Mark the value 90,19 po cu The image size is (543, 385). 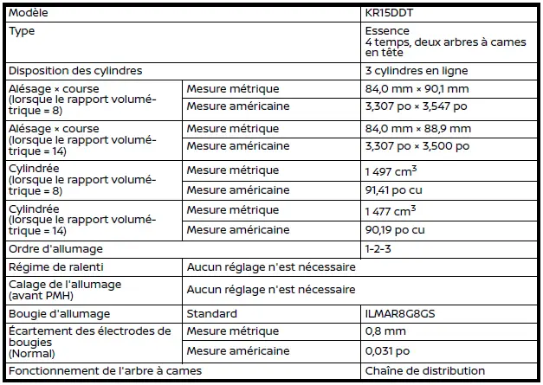pos(395,229)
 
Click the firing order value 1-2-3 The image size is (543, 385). pos(378,249)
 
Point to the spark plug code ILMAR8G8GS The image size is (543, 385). pos(399,313)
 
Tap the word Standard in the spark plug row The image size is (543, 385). pos(212,313)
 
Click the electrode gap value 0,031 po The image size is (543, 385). pos(387,351)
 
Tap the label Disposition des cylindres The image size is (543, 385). pos(75,70)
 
